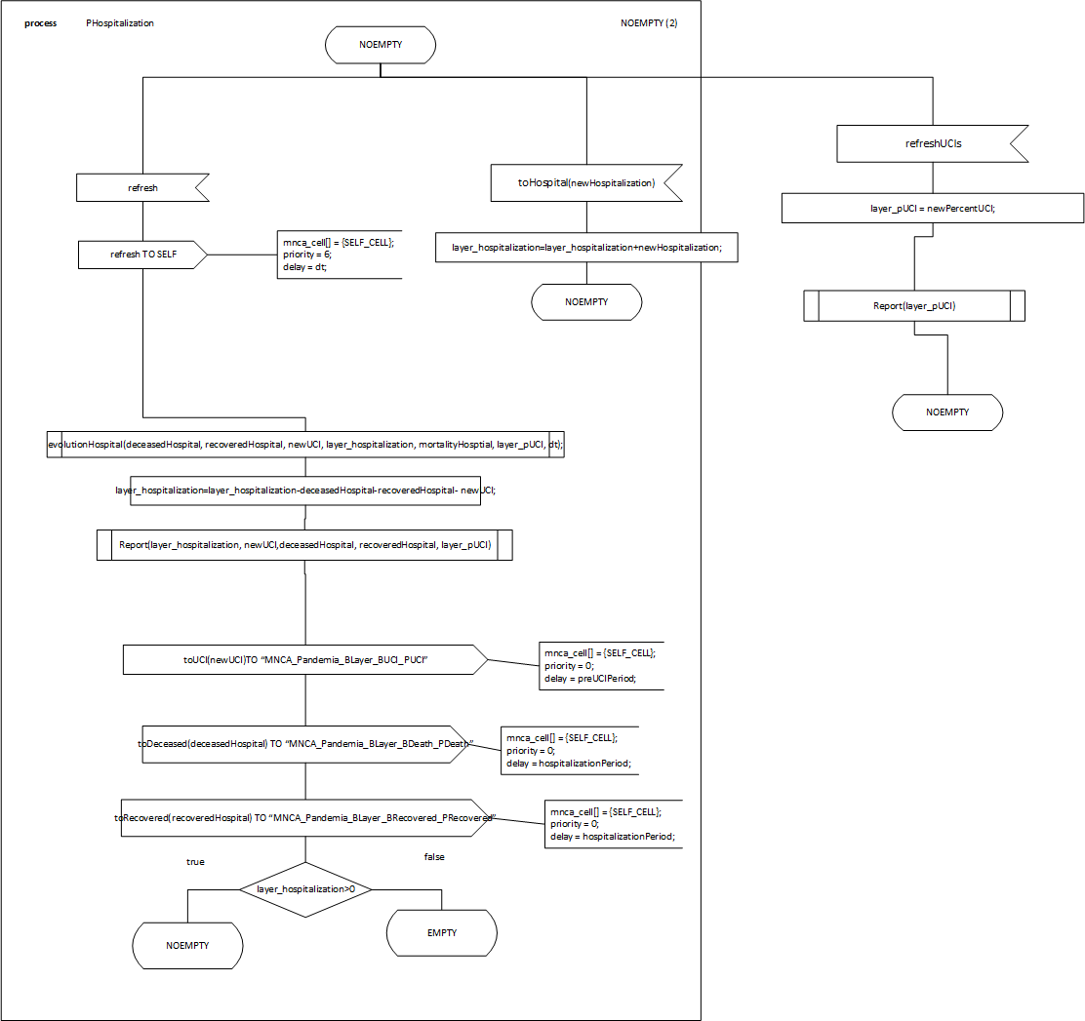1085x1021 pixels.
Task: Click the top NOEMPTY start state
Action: point(381,45)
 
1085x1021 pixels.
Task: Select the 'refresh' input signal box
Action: point(142,187)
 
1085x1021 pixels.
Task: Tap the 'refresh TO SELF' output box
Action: point(142,255)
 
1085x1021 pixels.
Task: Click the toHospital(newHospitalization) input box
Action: point(585,182)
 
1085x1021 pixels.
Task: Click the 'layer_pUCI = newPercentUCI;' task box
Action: point(933,208)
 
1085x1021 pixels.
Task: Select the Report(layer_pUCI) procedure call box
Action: point(914,305)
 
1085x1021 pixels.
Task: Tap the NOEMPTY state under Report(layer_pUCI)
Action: point(947,412)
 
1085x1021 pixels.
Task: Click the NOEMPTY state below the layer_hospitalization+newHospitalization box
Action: point(586,302)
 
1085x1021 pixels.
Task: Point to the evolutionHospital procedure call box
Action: point(305,445)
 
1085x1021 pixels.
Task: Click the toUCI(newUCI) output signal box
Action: point(305,660)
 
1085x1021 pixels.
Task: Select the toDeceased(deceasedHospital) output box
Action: point(305,744)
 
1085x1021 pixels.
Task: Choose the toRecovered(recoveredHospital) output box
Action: point(305,818)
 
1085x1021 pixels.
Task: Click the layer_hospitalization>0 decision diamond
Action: point(305,889)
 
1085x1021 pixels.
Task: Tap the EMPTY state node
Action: point(442,933)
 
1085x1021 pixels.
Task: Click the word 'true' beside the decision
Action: point(195,862)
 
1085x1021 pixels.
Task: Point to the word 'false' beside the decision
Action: point(434,857)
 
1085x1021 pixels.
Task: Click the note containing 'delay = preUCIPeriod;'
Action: point(601,665)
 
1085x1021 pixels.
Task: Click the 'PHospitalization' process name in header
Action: point(120,23)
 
